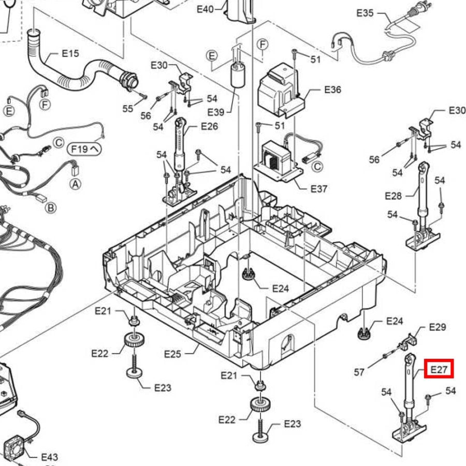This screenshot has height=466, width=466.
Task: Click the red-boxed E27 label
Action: (x=439, y=369)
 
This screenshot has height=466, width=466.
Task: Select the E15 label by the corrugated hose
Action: (x=70, y=53)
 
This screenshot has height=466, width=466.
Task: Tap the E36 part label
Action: (x=332, y=90)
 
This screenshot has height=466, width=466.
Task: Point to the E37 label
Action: (x=319, y=188)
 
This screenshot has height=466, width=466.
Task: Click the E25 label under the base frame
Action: (x=173, y=354)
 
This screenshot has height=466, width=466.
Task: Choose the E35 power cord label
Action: (x=365, y=13)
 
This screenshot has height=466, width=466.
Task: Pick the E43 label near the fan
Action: (x=49, y=457)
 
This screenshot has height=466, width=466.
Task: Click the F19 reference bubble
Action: (x=83, y=149)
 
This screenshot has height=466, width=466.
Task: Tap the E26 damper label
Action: (x=209, y=126)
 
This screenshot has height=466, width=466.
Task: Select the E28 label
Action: (x=394, y=196)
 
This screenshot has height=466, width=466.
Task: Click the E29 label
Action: (x=438, y=327)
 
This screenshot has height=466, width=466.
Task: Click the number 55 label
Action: (x=128, y=109)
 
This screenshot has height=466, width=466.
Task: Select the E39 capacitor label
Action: (x=215, y=112)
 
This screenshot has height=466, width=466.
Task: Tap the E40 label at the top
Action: (x=205, y=9)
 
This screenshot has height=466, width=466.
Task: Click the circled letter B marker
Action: (x=51, y=208)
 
